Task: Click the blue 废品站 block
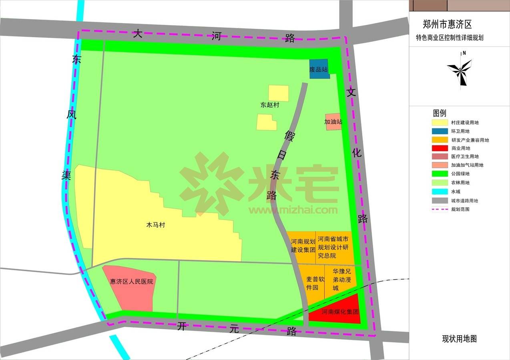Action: (x=319, y=69)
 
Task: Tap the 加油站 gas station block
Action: (x=333, y=122)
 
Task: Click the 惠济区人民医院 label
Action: (x=132, y=282)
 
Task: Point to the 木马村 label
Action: (x=156, y=225)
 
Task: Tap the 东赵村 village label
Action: (x=269, y=105)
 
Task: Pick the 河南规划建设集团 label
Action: (x=303, y=246)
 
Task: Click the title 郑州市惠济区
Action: (x=447, y=25)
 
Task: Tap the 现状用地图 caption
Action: (x=459, y=339)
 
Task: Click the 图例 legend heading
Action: (x=439, y=113)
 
